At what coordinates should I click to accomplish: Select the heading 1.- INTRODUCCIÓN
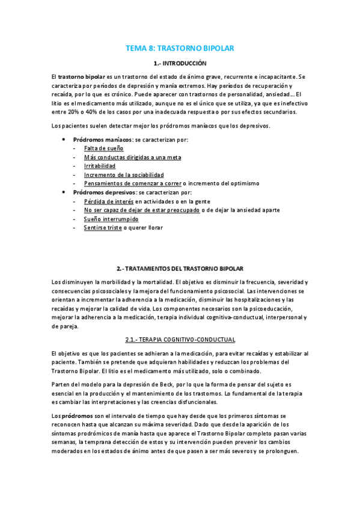point(180,63)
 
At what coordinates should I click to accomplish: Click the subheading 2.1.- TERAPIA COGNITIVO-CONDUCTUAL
point(180,340)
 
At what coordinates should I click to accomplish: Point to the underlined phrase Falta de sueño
point(103,148)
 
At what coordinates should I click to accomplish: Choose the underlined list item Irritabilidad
point(100,165)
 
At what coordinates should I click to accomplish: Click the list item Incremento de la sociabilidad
point(124,174)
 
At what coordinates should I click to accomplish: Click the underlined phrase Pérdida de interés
point(109,201)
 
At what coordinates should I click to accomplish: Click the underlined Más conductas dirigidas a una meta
point(132,157)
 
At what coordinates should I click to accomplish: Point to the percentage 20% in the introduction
point(75,112)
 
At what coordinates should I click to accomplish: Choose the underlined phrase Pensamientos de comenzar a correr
point(132,183)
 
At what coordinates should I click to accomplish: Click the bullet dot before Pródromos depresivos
point(65,192)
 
